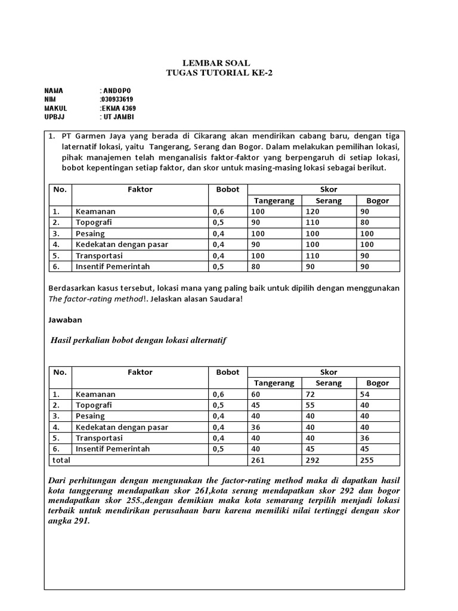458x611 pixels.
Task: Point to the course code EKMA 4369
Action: tap(119, 109)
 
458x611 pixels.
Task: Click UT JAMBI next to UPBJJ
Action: tap(119, 118)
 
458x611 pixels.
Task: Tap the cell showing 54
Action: tap(365, 394)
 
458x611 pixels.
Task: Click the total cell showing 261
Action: tap(257, 460)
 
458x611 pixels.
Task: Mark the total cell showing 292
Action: tap(312, 460)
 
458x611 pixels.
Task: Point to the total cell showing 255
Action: tap(367, 460)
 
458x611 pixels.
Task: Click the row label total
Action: tap(61, 460)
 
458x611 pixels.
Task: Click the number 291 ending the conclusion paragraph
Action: tap(81, 520)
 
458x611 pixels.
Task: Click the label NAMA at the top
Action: tap(54, 91)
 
